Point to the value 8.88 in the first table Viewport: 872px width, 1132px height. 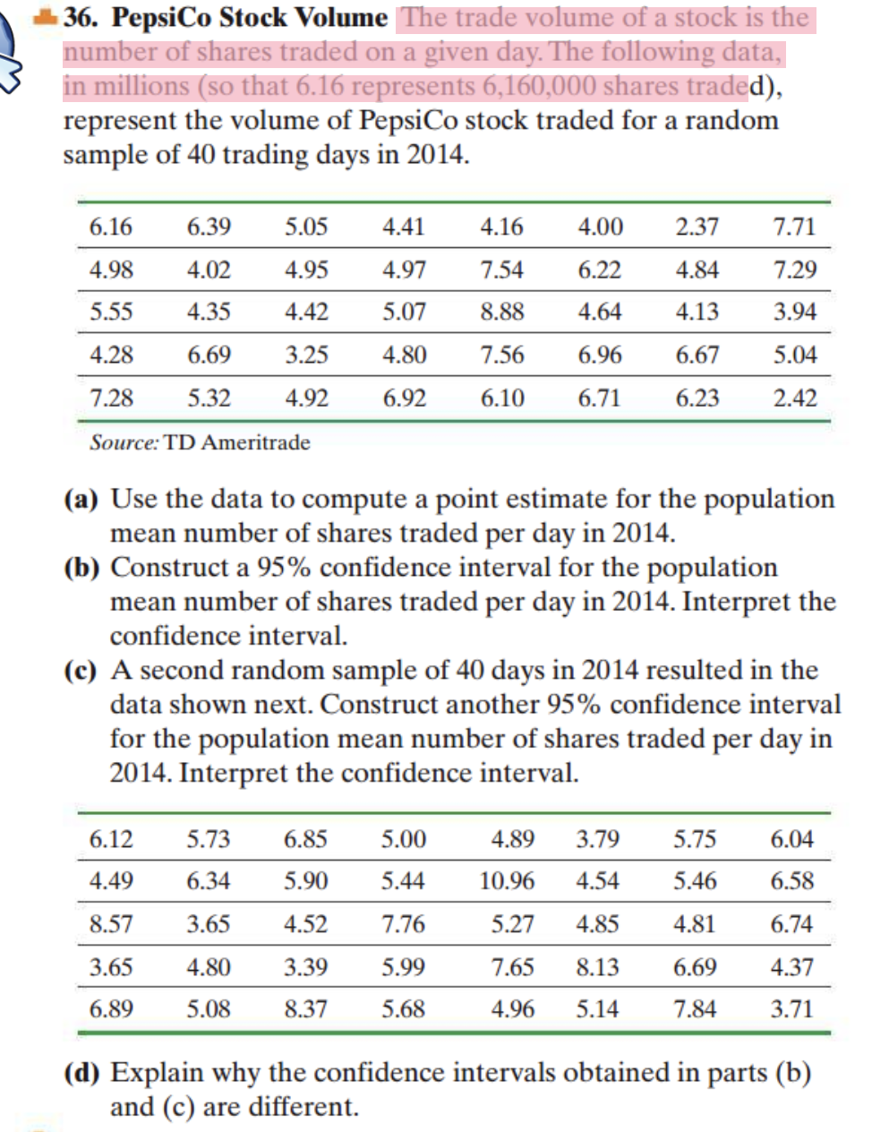[x=502, y=312]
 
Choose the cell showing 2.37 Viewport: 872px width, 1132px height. [x=697, y=227]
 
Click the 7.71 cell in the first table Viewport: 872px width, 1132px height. [x=794, y=227]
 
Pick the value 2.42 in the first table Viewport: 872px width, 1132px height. [x=795, y=398]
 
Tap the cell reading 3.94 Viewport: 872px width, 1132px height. [x=795, y=312]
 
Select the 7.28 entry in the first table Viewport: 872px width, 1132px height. [x=111, y=398]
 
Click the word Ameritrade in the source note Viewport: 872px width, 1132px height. [x=256, y=442]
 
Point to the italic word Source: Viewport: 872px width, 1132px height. [x=124, y=442]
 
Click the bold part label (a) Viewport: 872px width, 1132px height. [x=81, y=499]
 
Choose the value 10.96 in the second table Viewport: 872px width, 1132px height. [x=507, y=881]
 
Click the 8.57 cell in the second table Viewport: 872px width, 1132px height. [x=111, y=924]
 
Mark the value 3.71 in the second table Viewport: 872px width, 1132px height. [x=791, y=1009]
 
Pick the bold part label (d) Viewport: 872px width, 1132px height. [x=81, y=1073]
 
